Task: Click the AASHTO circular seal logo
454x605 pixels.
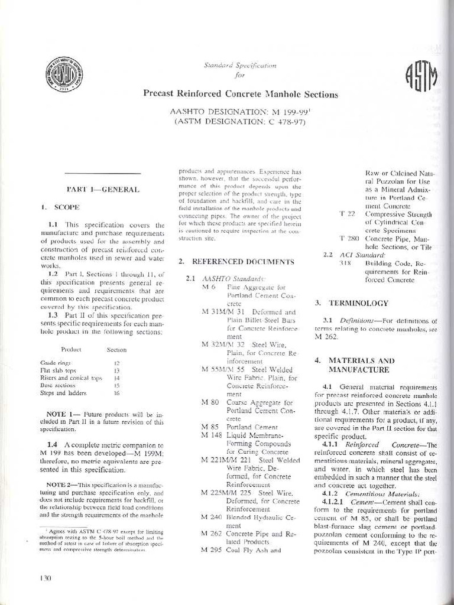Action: [x=64, y=74]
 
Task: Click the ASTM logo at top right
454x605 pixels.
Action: [x=421, y=76]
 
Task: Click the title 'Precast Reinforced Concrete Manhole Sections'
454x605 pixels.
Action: [x=240, y=93]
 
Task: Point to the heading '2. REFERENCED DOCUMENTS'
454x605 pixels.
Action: [x=236, y=261]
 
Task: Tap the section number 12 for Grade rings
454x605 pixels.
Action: [x=116, y=363]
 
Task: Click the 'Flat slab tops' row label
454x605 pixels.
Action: [x=58, y=370]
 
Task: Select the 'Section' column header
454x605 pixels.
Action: [x=116, y=350]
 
